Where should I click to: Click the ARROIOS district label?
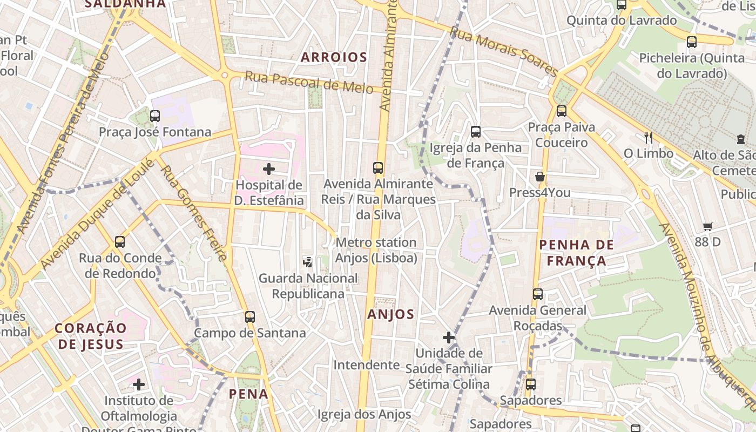(x=334, y=57)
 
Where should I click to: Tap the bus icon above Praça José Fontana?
(x=155, y=116)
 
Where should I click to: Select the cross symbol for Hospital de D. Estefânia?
(x=268, y=169)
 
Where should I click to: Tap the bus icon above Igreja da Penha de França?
(x=476, y=131)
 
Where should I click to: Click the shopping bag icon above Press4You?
(x=539, y=177)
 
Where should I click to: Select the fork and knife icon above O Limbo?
(x=649, y=138)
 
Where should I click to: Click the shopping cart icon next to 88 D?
(x=708, y=226)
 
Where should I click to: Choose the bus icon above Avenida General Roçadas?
(x=538, y=294)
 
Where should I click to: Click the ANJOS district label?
(x=391, y=314)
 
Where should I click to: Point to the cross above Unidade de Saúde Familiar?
(x=449, y=337)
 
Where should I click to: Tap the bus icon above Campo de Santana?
(x=249, y=317)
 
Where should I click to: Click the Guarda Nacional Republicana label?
(x=308, y=286)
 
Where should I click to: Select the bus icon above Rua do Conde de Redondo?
(x=120, y=242)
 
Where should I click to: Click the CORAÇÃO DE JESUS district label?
(x=91, y=335)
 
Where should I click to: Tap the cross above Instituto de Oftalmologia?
(x=139, y=384)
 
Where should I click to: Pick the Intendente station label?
(x=366, y=365)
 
